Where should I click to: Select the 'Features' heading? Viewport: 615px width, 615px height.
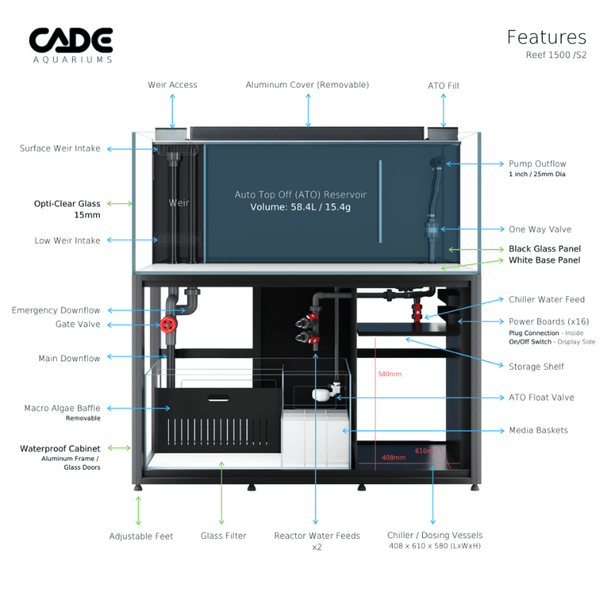click(546, 37)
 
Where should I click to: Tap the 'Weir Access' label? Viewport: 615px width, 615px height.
click(172, 85)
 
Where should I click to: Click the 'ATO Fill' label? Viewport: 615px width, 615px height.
click(443, 86)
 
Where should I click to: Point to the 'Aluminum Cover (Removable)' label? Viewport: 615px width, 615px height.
click(307, 85)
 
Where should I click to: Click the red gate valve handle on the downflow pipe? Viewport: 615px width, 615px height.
click(167, 325)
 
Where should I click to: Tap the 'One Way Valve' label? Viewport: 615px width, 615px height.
click(540, 229)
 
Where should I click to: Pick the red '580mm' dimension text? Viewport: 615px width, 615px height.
click(389, 374)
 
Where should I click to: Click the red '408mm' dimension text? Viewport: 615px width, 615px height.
click(393, 457)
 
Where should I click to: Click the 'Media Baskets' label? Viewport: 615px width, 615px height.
click(538, 430)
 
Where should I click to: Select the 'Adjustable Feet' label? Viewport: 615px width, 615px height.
click(141, 536)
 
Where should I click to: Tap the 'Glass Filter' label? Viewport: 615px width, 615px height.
click(224, 536)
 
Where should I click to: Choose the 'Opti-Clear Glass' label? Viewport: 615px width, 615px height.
click(67, 204)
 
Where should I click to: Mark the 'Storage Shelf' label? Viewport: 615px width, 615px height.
click(536, 367)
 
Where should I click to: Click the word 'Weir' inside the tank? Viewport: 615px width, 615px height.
click(178, 203)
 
